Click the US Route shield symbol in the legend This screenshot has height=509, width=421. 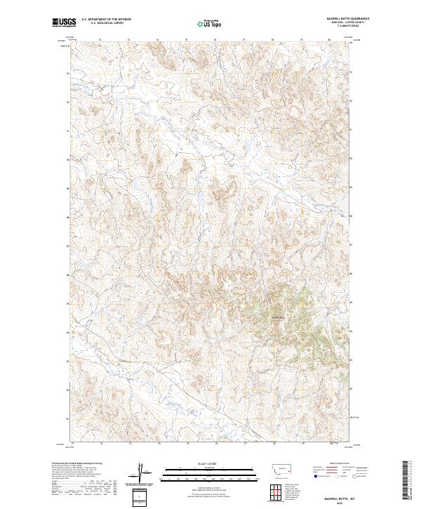pos(334,475)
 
